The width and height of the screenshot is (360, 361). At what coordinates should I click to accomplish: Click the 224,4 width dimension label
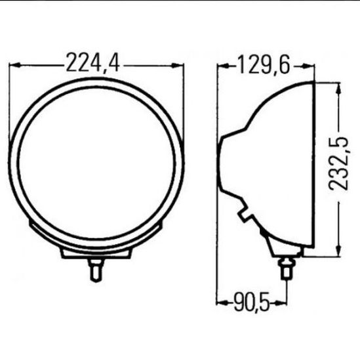(92, 63)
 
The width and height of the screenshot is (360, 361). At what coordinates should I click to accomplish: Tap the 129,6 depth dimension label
(264, 65)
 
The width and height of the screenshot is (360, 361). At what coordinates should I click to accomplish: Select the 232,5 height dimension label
(338, 164)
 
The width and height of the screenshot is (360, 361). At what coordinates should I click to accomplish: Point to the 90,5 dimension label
(251, 302)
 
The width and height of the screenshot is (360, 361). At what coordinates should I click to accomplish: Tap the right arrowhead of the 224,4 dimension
(178, 66)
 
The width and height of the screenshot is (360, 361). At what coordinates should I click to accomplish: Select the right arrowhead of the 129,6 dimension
(308, 66)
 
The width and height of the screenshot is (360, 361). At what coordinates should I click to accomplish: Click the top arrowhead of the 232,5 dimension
(338, 89)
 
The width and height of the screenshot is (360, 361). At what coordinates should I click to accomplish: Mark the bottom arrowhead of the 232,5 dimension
(338, 250)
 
